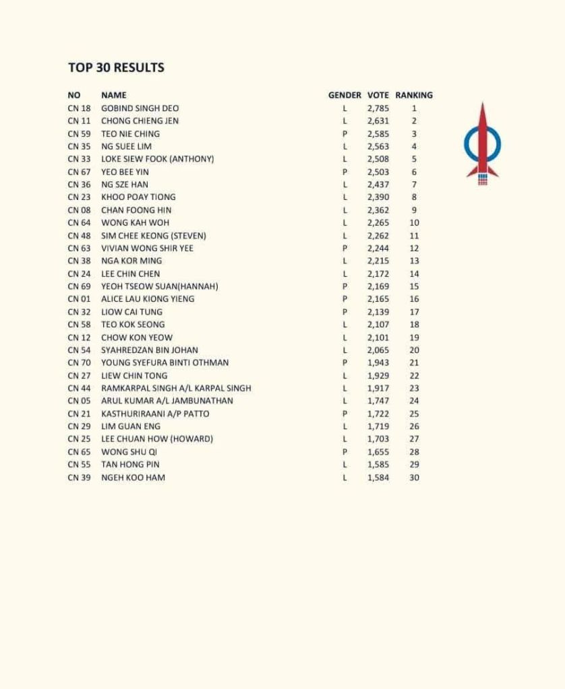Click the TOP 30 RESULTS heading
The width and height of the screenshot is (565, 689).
click(116, 67)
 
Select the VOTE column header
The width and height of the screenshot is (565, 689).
click(378, 95)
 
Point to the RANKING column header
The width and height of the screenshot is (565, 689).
click(414, 95)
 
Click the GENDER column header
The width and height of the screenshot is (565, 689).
click(345, 95)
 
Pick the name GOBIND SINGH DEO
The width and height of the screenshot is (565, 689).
click(140, 108)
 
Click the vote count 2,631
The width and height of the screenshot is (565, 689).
click(378, 121)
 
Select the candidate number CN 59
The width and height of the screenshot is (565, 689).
click(79, 133)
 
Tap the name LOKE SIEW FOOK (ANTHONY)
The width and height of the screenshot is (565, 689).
click(157, 159)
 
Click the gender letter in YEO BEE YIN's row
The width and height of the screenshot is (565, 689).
click(345, 172)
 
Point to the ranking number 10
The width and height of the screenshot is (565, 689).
click(414, 222)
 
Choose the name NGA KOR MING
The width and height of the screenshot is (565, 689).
click(131, 261)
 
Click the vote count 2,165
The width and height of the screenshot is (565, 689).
click(378, 299)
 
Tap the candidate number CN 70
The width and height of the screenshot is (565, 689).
click(79, 362)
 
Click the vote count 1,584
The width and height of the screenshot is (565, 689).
click(378, 478)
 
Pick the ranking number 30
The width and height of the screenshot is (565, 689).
click(414, 478)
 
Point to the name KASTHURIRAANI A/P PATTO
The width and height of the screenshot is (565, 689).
click(155, 414)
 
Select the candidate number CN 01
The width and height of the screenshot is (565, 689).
click(79, 299)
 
